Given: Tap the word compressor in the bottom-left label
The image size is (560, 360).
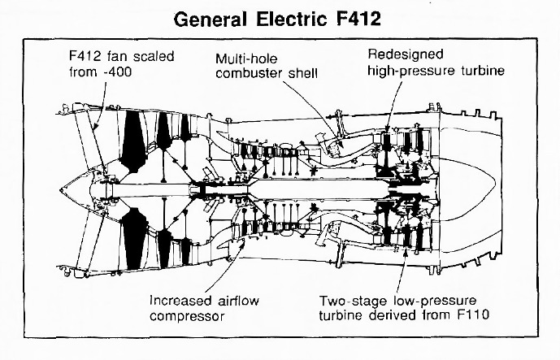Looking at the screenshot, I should [x=186, y=315].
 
